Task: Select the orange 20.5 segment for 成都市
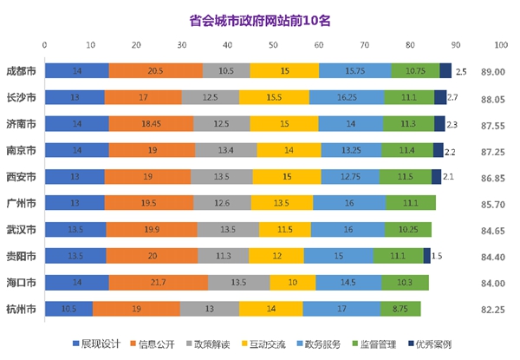pos(156,71)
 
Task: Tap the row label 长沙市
pos(20,98)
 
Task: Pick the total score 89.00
pos(494,71)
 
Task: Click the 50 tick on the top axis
pos(272,44)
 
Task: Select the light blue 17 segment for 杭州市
pos(341,309)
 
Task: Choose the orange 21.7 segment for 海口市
pos(158,283)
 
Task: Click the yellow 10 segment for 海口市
pos(286,283)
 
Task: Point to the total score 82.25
pos(494,309)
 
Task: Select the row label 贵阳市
pos(20,256)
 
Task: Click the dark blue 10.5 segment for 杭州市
pos(68,309)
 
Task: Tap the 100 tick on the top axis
pos(499,44)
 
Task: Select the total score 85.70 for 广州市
pos(494,203)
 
